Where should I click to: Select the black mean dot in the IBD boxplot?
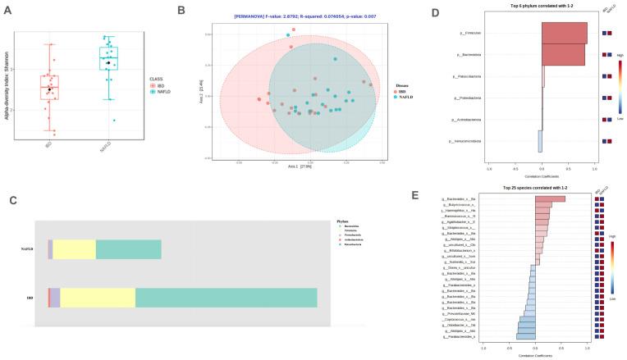tap(49, 89)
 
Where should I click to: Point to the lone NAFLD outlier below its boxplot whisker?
tap(114, 121)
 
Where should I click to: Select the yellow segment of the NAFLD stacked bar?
tap(75, 249)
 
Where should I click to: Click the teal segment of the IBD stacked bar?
tap(226, 298)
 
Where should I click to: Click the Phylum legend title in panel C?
tap(343, 221)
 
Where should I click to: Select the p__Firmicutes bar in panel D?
tap(564, 33)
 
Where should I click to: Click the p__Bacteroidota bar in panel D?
tap(563, 54)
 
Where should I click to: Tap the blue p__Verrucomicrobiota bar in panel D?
tap(540, 141)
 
